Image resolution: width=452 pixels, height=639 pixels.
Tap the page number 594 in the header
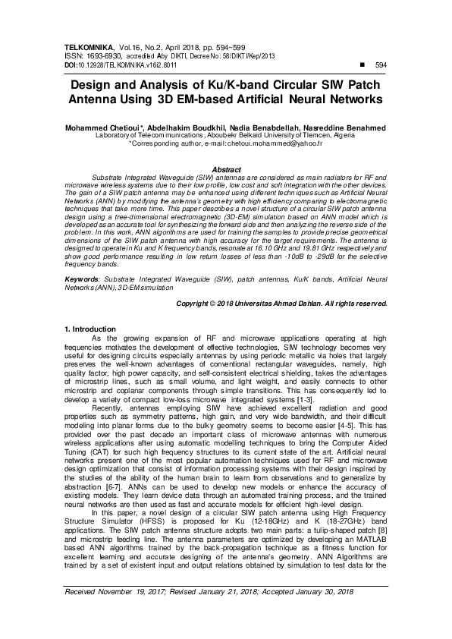(381, 65)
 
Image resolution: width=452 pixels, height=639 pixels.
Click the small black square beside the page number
(359, 65)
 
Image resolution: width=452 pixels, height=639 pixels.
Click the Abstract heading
(226, 169)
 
